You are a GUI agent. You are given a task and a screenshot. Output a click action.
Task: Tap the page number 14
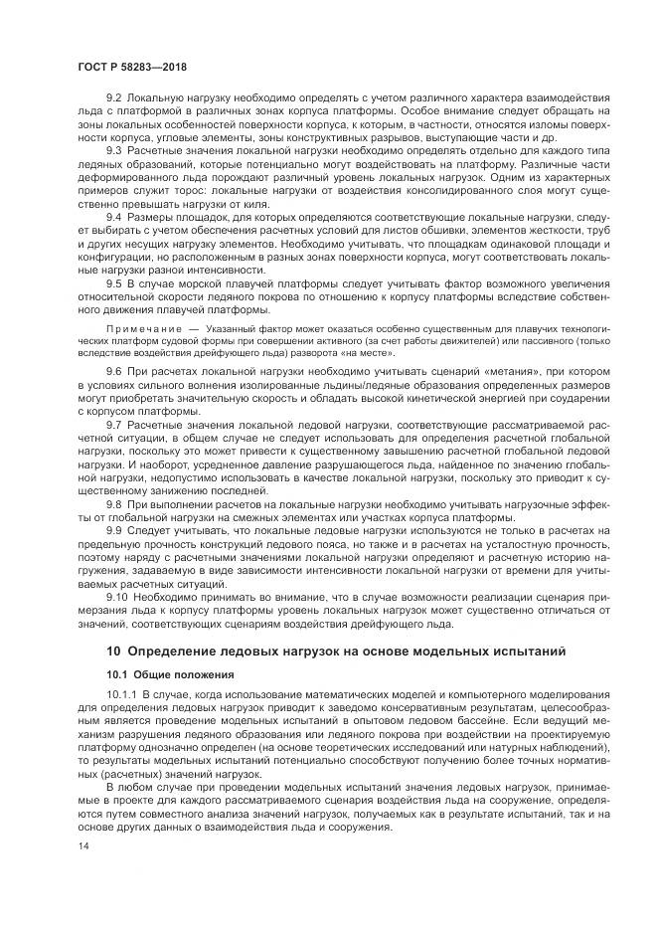(82, 845)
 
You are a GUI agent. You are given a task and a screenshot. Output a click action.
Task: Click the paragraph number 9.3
(114, 148)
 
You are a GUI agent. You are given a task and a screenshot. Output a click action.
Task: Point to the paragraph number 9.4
(114, 216)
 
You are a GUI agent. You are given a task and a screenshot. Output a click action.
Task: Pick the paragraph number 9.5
(114, 283)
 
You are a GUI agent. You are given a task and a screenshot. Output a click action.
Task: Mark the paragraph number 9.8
(114, 505)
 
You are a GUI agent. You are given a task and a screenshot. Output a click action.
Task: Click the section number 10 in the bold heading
(113, 651)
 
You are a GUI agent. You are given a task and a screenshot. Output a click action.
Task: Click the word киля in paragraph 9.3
(257, 202)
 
